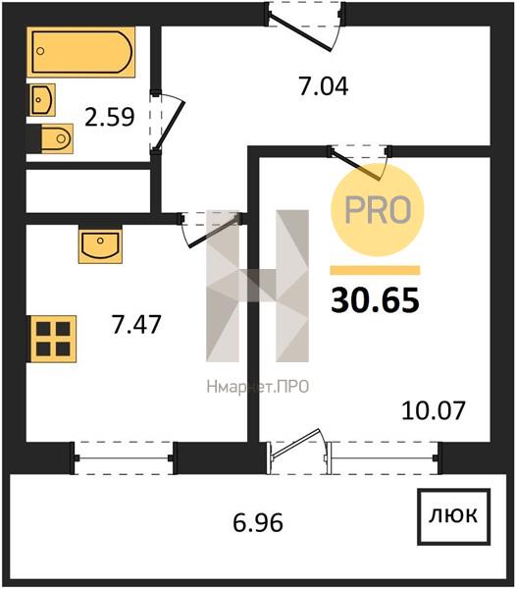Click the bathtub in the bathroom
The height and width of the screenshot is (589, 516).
pyautogui.click(x=80, y=52)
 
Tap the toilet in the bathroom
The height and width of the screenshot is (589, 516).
pyautogui.click(x=57, y=138)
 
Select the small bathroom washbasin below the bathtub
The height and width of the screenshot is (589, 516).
pyautogui.click(x=42, y=99)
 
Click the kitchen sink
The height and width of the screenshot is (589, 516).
pyautogui.click(x=100, y=244)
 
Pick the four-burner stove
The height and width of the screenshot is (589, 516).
pyautogui.click(x=53, y=339)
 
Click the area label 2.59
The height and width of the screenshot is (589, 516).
pyautogui.click(x=109, y=117)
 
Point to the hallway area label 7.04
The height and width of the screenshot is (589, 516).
pyautogui.click(x=324, y=86)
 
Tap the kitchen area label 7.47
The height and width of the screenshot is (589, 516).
pyautogui.click(x=136, y=324)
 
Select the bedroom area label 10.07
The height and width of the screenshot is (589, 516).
pyautogui.click(x=434, y=410)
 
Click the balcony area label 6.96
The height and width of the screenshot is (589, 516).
pyautogui.click(x=258, y=523)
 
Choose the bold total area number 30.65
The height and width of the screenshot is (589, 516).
pyautogui.click(x=375, y=300)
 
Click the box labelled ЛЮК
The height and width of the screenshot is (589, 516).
pyautogui.click(x=453, y=516)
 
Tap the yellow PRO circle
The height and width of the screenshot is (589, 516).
pyautogui.click(x=377, y=210)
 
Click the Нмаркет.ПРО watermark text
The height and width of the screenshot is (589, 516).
pyautogui.click(x=258, y=387)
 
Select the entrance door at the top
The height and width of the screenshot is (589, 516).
pyautogui.click(x=305, y=27)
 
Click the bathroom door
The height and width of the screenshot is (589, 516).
pyautogui.click(x=167, y=122)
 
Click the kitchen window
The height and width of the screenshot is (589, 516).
pyautogui.click(x=124, y=457)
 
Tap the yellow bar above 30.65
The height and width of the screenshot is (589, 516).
pyautogui.click(x=375, y=271)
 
